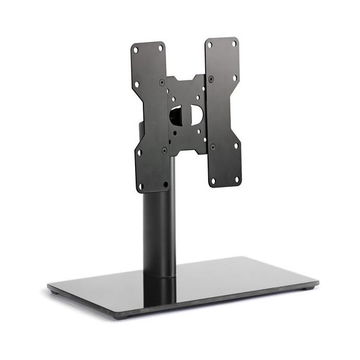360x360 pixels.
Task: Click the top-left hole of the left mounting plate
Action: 136,49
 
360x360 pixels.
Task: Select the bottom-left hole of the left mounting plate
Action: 141,185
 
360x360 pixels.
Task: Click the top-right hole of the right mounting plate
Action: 234,43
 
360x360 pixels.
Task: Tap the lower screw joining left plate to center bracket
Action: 164,149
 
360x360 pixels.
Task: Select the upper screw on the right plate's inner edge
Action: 211,79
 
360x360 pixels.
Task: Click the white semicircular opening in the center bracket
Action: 196,115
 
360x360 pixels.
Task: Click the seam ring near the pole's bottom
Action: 160,276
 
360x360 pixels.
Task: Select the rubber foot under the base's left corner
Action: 55,293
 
